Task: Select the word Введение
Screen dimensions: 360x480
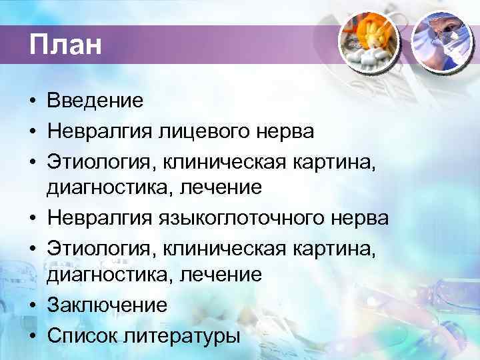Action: (x=95, y=101)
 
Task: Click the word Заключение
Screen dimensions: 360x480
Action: (x=107, y=306)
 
